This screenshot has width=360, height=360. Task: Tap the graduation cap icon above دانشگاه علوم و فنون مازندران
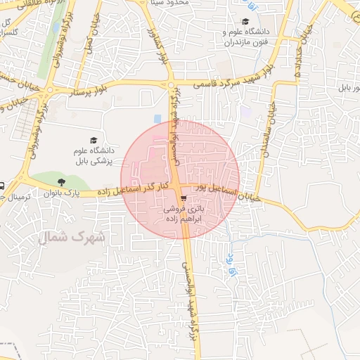[x=245, y=22]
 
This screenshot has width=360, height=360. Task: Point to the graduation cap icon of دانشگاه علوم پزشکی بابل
[x=94, y=140]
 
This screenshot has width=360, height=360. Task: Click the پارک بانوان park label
[x=62, y=191]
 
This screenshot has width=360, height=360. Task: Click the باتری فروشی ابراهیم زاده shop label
[x=184, y=214]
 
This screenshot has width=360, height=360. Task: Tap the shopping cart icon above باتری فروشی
[x=184, y=200]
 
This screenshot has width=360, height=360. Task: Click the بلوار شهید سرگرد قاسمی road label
[x=225, y=80]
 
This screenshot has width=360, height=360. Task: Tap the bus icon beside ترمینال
[x=2, y=186]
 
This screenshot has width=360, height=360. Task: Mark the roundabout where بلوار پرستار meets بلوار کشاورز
[x=171, y=85]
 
